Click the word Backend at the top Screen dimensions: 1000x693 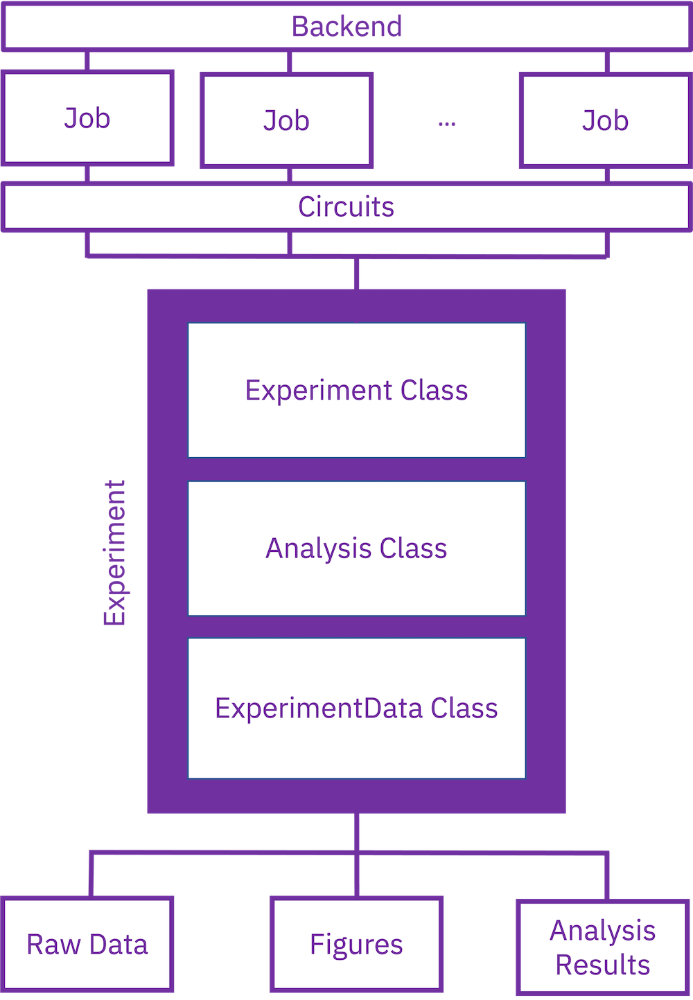tap(346, 26)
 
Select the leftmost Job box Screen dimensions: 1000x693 tap(87, 118)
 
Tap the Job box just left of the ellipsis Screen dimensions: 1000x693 tap(286, 120)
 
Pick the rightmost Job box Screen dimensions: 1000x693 tap(605, 120)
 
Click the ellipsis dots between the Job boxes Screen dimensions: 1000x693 tap(447, 124)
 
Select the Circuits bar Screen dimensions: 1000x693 tap(346, 206)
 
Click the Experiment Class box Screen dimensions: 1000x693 tap(356, 390)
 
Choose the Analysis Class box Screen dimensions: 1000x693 tap(356, 548)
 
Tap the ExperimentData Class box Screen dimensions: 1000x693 tap(356, 708)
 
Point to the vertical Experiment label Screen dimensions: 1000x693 tap(114, 553)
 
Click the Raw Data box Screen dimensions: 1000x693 tap(87, 944)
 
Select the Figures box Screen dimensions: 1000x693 tap(356, 944)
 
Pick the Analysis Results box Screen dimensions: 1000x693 tap(603, 947)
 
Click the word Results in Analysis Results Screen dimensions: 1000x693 tap(603, 965)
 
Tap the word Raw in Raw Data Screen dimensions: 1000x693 tap(53, 944)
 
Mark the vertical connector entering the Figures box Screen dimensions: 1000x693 tap(356, 876)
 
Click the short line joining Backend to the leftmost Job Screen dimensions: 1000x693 tap(87, 61)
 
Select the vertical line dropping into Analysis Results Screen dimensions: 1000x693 tap(607, 876)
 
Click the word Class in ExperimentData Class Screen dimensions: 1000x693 tap(464, 708)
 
